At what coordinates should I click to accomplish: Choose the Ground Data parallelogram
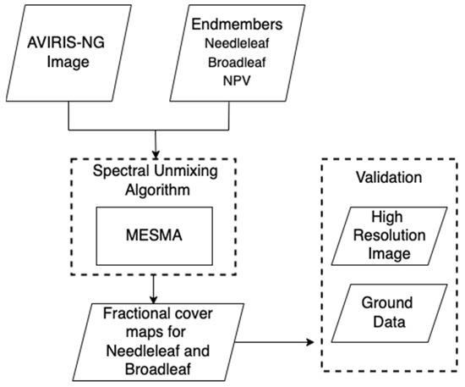click(x=391, y=311)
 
